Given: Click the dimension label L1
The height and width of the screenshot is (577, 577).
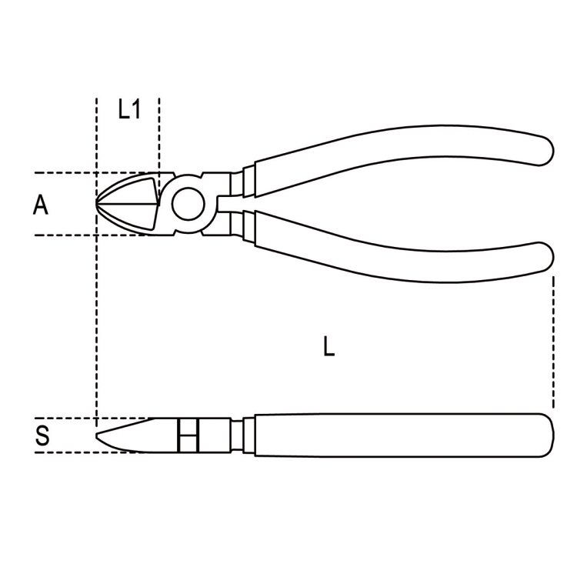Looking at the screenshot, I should click(x=129, y=110).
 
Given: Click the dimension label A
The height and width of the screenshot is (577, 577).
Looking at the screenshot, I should click(x=41, y=205).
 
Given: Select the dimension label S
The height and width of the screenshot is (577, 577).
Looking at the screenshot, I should click(x=43, y=436).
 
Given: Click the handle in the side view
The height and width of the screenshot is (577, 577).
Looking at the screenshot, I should click(x=400, y=435).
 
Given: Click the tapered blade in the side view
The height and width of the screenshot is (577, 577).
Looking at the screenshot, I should click(x=135, y=435).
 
